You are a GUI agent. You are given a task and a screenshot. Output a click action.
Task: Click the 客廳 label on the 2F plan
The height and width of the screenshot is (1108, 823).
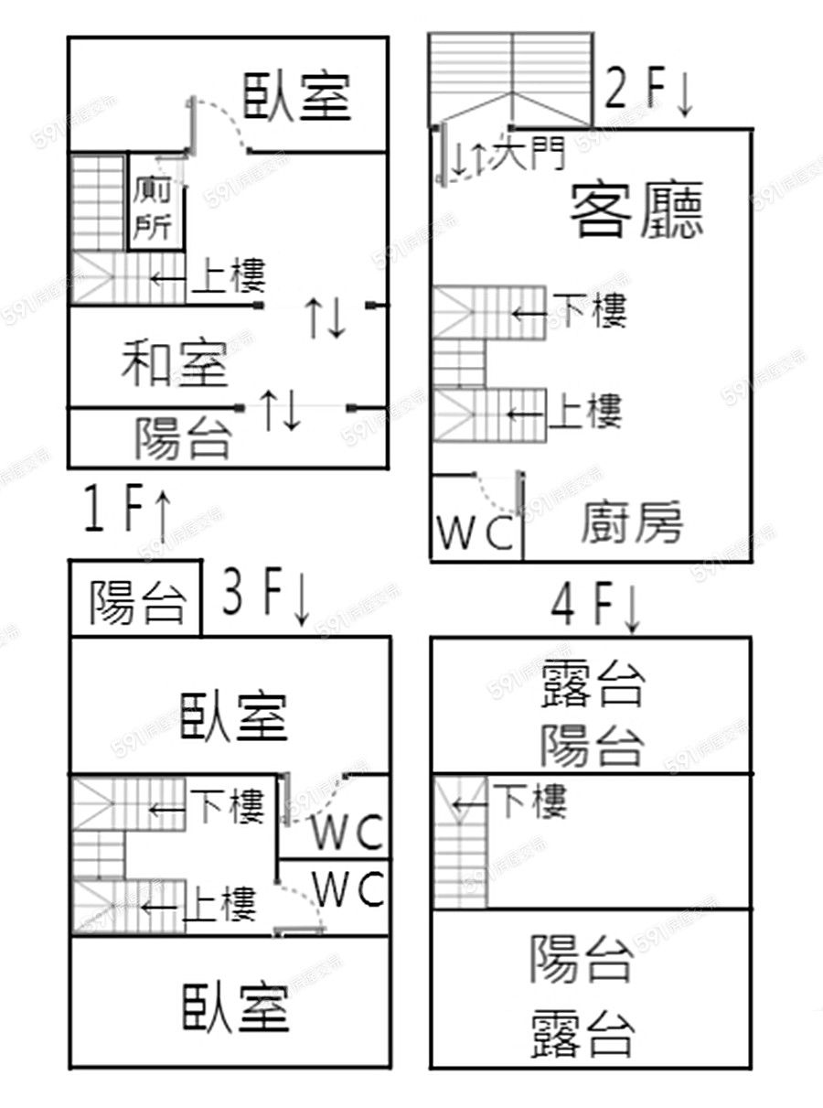636,210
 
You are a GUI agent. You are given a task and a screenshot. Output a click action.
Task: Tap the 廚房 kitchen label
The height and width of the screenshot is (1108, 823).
632,522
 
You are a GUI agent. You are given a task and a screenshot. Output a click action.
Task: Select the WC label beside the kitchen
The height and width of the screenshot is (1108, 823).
476,534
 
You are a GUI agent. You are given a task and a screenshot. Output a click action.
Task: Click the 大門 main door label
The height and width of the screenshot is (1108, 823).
527,154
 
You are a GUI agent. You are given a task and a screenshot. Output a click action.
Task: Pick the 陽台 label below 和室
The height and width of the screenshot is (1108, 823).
183,437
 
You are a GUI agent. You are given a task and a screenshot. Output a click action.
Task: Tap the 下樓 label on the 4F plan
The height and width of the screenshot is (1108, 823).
530,801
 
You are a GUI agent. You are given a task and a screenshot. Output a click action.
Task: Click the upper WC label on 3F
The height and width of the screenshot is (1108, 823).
347,833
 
